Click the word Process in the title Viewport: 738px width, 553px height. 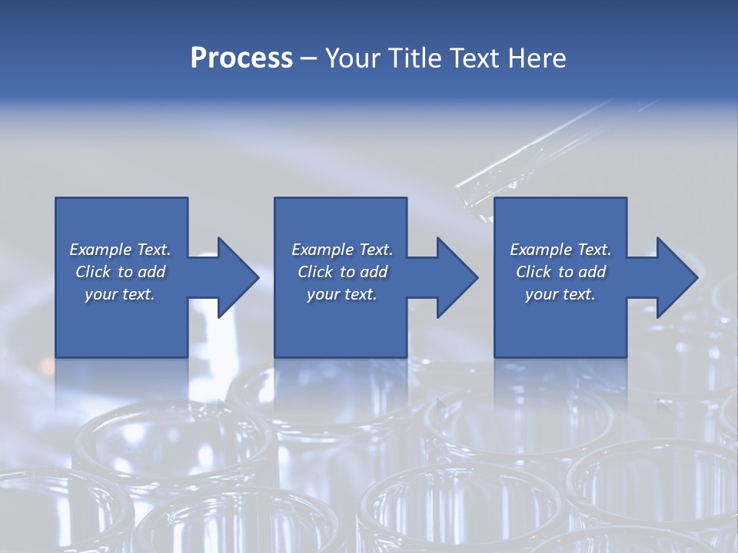(241, 58)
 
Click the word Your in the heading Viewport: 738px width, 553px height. (351, 58)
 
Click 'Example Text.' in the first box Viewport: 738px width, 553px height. (120, 250)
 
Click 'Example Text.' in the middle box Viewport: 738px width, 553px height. (342, 250)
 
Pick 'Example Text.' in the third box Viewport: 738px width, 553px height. (560, 250)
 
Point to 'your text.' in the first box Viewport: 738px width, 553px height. (120, 294)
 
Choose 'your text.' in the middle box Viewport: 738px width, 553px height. (342, 294)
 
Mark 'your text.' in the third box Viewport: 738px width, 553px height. (560, 294)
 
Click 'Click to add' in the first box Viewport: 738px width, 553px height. (120, 272)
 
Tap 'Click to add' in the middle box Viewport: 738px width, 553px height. (342, 272)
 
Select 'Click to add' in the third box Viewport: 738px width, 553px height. (560, 272)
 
